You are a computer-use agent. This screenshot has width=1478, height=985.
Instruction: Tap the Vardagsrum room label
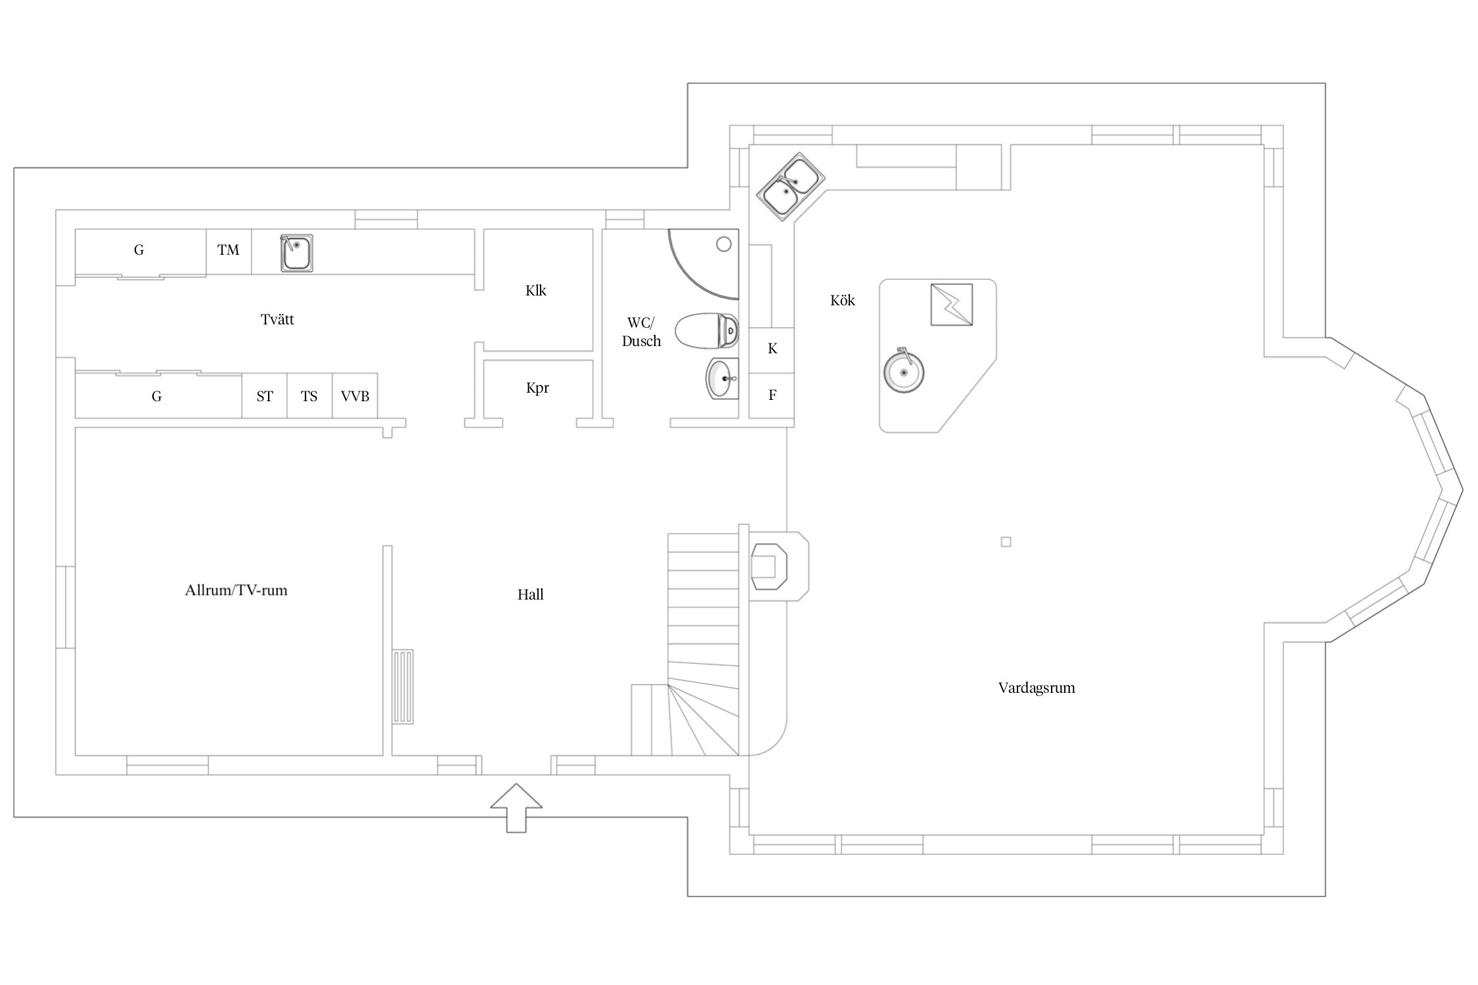[x=1037, y=688]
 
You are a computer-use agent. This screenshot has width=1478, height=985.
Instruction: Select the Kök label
[x=842, y=301]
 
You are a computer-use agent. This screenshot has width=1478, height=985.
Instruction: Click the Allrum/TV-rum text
[x=236, y=590]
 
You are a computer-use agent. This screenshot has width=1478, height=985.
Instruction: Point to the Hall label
[x=530, y=595]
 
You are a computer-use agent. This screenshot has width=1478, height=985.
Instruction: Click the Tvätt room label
[x=277, y=320]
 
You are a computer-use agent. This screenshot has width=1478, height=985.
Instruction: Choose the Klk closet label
[x=535, y=290]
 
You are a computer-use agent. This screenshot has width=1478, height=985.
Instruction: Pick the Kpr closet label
[x=537, y=388]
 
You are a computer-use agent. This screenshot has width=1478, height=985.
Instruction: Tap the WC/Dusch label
[x=641, y=332]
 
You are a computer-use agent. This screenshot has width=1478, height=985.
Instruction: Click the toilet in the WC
[x=707, y=330]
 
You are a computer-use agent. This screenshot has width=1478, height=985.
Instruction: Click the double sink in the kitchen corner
[x=791, y=186]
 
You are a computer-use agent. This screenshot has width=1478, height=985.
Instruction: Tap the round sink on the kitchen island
[x=903, y=372]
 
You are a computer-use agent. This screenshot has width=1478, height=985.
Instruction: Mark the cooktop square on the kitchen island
[x=951, y=304]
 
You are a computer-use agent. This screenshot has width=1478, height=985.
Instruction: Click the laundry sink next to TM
[x=296, y=252]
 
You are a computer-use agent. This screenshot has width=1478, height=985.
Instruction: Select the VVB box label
[x=355, y=396]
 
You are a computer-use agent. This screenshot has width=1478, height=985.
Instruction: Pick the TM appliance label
[x=229, y=250]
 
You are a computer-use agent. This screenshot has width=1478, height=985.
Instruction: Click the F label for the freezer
[x=773, y=395]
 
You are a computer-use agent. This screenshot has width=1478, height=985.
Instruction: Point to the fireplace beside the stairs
[x=770, y=566]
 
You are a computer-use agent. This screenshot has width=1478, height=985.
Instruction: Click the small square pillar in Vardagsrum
[x=1006, y=542]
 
